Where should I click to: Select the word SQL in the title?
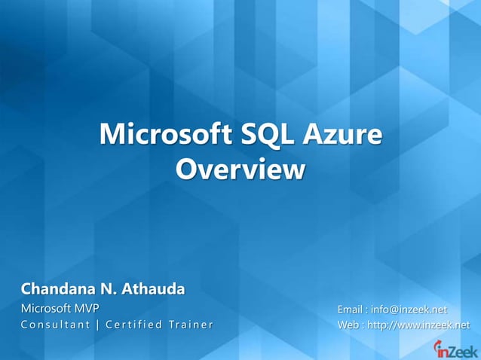pyautogui.click(x=266, y=136)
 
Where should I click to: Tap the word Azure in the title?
pyautogui.click(x=342, y=136)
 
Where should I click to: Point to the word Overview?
pyautogui.click(x=240, y=169)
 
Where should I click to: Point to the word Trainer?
pyautogui.click(x=190, y=325)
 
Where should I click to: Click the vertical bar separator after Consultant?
pyautogui.click(x=98, y=325)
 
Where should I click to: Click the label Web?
pyautogui.click(x=348, y=325)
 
